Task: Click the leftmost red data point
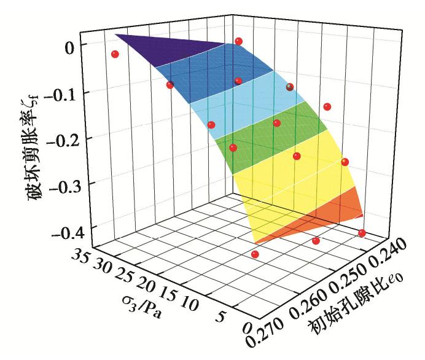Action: pyautogui.click(x=115, y=54)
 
